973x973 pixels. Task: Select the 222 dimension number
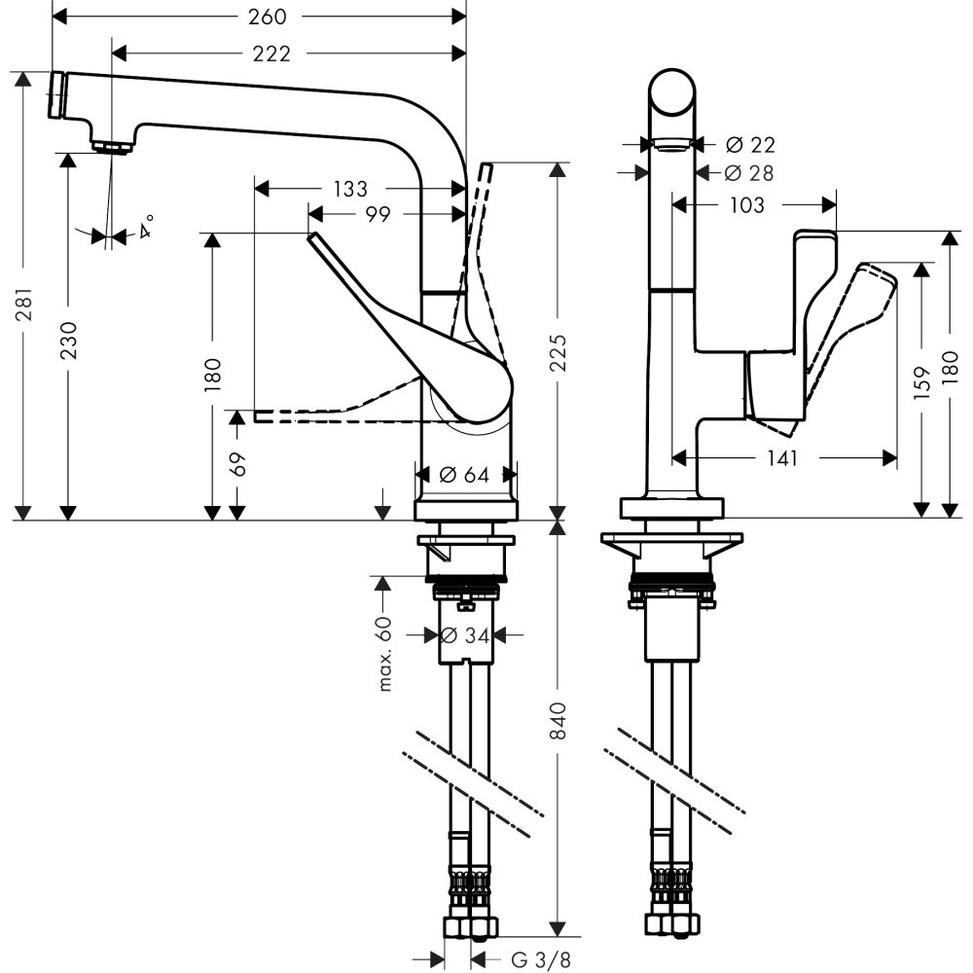(270, 54)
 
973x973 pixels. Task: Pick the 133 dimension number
(350, 188)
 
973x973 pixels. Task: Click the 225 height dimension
(556, 357)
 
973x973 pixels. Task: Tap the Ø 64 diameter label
(464, 475)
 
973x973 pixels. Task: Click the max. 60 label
(385, 653)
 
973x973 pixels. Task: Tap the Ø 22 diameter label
(750, 144)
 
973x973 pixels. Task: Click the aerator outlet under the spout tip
(114, 148)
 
